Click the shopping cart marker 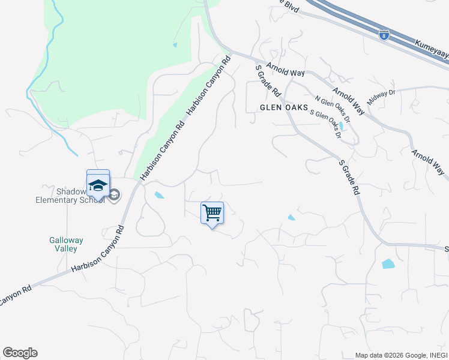coord(212,213)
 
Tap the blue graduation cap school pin coord(98,184)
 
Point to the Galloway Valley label coord(66,244)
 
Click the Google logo coord(20,353)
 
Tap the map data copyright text coord(401,355)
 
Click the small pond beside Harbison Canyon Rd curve coord(159,195)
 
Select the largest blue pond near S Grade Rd coord(388,263)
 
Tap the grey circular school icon coord(114,194)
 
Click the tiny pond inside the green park coord(175,44)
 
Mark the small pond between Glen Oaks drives coord(341,126)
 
